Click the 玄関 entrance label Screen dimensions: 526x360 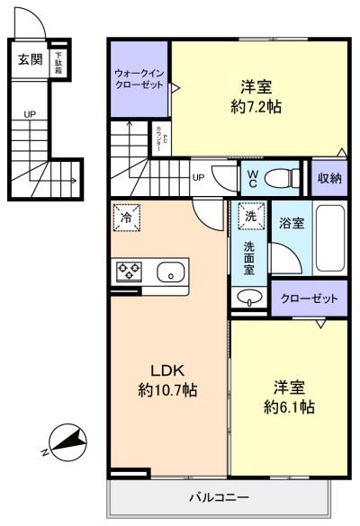30,60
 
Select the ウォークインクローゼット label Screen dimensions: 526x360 139,78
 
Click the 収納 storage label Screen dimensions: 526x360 329,177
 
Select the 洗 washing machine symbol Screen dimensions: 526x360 251,217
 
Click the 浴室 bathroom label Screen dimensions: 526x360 290,222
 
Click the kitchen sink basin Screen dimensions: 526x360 169,272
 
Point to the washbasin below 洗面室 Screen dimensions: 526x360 248,299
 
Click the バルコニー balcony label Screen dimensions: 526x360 219,497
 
